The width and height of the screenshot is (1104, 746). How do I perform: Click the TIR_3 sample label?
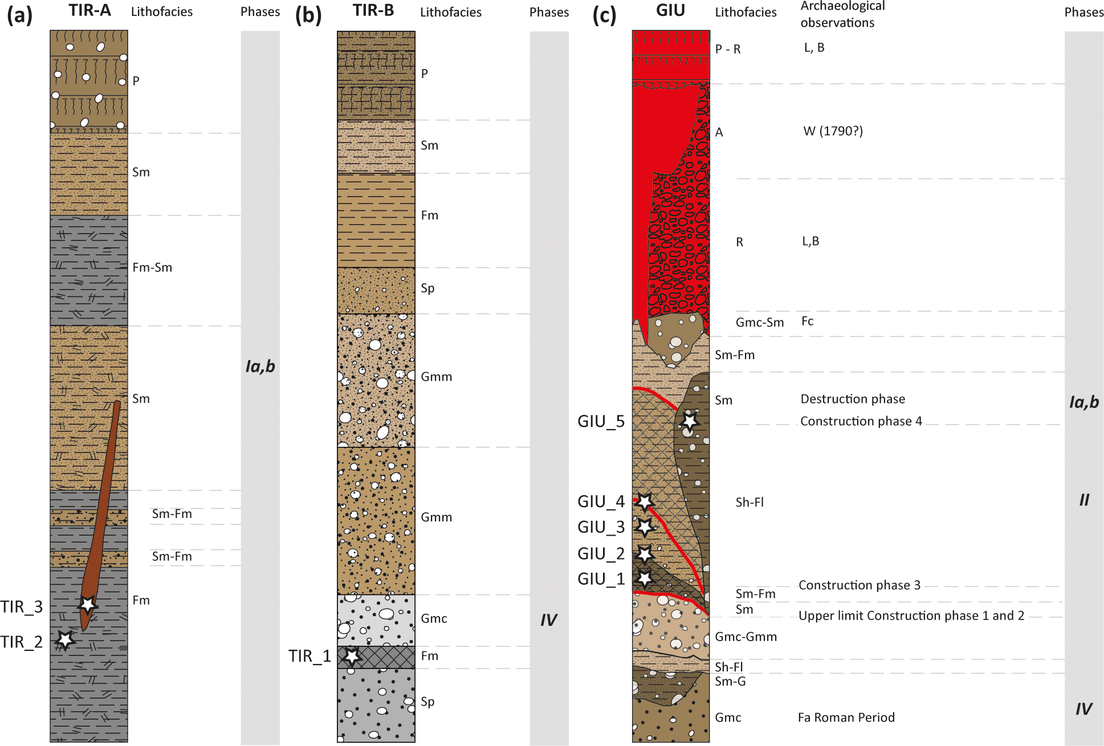point(22,607)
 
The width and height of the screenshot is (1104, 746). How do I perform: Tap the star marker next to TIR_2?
point(65,639)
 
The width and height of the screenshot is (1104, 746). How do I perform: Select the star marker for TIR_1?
point(352,656)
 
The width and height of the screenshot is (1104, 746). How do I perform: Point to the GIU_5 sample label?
point(601,422)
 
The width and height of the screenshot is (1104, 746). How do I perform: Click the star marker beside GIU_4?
point(645,502)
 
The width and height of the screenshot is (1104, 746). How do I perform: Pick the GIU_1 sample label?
point(601,579)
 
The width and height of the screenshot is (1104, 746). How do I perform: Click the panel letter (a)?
point(19,15)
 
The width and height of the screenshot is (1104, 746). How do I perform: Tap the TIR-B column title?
point(373,11)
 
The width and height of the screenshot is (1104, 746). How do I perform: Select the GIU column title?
point(670,11)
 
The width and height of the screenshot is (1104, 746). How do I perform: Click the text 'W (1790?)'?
point(833,132)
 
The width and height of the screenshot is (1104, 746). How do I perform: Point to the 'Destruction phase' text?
point(853,399)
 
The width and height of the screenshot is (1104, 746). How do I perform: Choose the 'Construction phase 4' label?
point(861,421)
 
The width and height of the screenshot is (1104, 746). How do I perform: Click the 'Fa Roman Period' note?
point(846,718)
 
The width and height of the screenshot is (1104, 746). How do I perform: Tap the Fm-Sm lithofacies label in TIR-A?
point(152,268)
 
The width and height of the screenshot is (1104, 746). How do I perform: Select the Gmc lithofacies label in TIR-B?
point(434,619)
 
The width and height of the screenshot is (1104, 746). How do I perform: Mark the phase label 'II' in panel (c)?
point(1084,500)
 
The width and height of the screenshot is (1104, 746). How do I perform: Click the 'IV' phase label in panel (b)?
point(548,620)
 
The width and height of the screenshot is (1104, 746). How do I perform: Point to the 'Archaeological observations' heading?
point(842,15)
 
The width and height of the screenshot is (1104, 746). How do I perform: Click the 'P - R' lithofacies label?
point(728,50)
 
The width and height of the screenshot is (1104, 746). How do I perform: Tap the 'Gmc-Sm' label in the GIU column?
point(759,323)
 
